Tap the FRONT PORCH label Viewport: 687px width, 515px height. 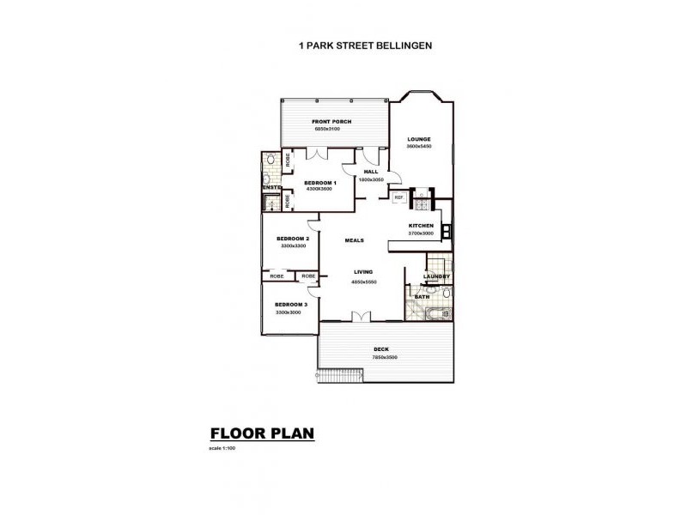coord(331,122)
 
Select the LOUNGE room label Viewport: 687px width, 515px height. coord(419,139)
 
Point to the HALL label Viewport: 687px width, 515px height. coord(371,172)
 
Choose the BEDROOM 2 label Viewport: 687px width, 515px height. coord(292,238)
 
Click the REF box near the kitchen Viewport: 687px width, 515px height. coord(398,197)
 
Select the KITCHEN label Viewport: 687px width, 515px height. coord(421,226)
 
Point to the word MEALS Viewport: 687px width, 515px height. coord(355,240)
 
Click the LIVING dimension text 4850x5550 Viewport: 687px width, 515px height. coord(365,282)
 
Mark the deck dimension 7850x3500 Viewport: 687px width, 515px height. coord(384,357)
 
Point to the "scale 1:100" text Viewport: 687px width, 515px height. coord(222,449)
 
